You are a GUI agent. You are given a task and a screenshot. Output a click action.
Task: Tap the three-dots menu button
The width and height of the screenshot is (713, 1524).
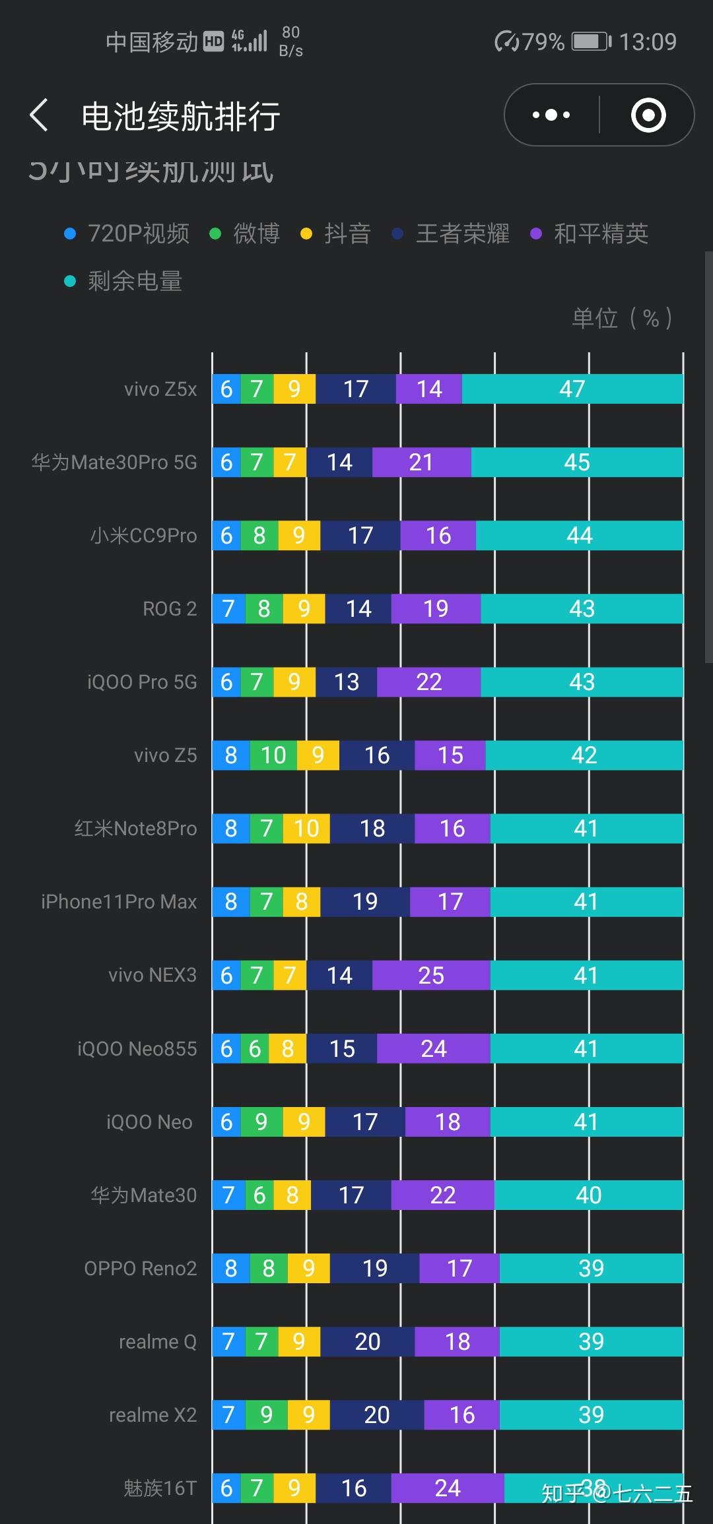click(x=551, y=115)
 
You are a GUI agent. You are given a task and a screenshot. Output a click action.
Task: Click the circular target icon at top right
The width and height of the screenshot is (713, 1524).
click(x=648, y=115)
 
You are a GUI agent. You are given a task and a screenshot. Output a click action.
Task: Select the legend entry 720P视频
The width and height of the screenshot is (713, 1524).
click(x=127, y=234)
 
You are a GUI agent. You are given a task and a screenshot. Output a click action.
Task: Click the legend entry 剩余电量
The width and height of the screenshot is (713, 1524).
click(x=124, y=281)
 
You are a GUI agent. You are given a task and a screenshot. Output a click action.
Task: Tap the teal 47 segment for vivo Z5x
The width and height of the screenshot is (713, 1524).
click(x=572, y=389)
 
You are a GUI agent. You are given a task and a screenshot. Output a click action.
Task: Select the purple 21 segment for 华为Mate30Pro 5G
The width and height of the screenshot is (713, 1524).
click(x=421, y=462)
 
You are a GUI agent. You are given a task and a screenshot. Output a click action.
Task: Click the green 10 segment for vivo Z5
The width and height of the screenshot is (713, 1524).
click(x=273, y=755)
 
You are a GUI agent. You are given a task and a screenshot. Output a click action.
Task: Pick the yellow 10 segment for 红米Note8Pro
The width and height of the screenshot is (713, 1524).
click(x=306, y=828)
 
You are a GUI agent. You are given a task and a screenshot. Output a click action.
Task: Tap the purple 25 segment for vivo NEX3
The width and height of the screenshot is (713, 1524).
click(x=431, y=975)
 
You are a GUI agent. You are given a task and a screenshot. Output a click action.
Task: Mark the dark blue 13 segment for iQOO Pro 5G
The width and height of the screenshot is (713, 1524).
click(x=347, y=682)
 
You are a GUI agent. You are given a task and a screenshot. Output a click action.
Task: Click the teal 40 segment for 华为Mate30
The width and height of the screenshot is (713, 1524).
click(x=588, y=1195)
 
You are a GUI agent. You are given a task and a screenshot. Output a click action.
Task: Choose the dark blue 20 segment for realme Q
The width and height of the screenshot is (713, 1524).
click(x=367, y=1341)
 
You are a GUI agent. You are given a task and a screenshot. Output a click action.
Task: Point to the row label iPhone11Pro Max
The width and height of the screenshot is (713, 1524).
click(x=119, y=901)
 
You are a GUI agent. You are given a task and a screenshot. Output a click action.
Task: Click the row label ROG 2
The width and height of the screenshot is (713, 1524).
click(x=170, y=608)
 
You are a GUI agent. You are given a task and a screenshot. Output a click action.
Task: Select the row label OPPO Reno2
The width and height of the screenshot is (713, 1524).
click(x=140, y=1268)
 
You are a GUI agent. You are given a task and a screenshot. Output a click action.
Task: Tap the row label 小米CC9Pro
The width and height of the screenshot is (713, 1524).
click(x=143, y=535)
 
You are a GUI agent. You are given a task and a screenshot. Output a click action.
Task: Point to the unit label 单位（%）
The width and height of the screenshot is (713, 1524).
click(x=622, y=318)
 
